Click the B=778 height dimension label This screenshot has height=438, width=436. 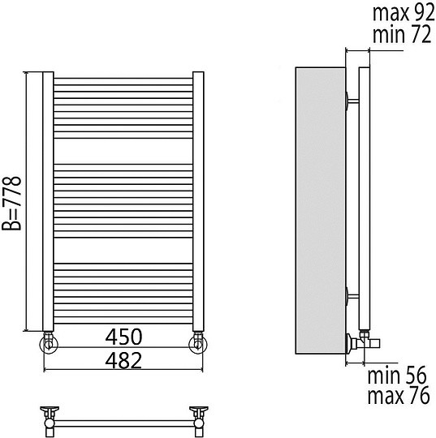pyautogui.click(x=11, y=204)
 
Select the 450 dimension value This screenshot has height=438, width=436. pyautogui.click(x=123, y=337)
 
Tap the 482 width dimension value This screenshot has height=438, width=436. pyautogui.click(x=123, y=360)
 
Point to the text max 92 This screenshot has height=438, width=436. pyautogui.click(x=404, y=13)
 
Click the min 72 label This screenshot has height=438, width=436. pyautogui.click(x=402, y=34)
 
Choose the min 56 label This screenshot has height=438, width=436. pyautogui.click(x=397, y=376)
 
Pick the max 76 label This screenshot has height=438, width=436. pyautogui.click(x=399, y=396)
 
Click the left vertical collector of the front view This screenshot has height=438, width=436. pyautogui.click(x=48, y=201)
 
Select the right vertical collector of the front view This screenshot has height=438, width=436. pyautogui.click(x=198, y=201)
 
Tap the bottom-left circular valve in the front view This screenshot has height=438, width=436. pyautogui.click(x=49, y=344)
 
